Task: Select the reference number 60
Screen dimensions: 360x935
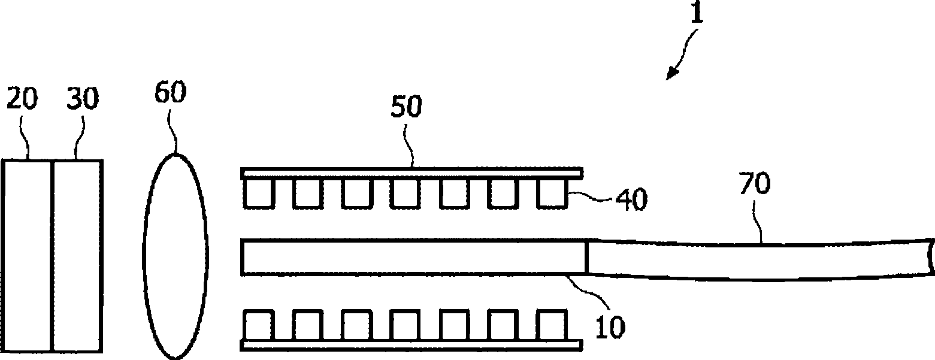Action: [170, 93]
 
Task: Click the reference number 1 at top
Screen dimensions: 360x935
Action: [696, 13]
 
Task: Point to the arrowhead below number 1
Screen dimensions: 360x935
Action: [671, 74]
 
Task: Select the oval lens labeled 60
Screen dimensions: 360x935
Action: [175, 256]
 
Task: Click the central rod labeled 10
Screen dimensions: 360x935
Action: [413, 257]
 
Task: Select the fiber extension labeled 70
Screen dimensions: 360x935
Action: [755, 259]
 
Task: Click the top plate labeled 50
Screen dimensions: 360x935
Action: [411, 173]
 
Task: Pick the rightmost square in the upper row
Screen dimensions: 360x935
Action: [552, 194]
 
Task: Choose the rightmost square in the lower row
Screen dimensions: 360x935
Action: [552, 325]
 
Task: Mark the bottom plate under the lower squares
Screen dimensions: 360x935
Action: [411, 345]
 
